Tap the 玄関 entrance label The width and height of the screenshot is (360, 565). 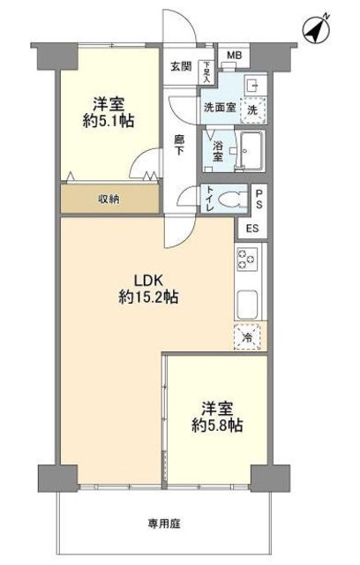180,65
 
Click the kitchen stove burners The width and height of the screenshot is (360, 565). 246,260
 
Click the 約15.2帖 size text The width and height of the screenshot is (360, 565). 148,298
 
